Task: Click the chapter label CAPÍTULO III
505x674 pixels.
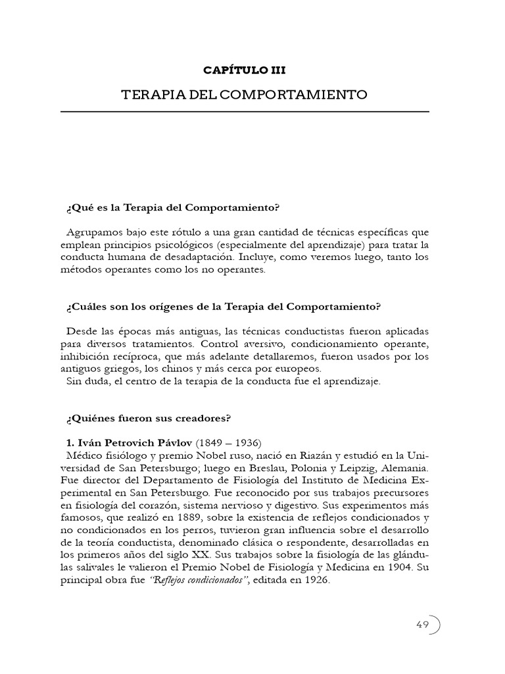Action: [x=245, y=69]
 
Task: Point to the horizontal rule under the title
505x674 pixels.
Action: [x=245, y=112]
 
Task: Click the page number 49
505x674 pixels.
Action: [x=422, y=625]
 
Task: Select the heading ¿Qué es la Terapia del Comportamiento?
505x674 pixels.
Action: [x=173, y=208]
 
